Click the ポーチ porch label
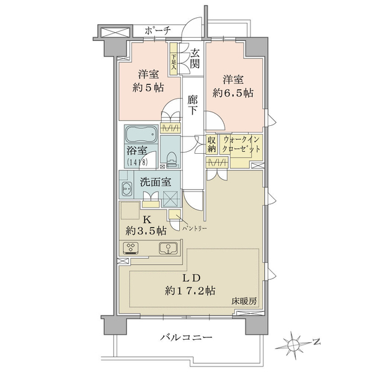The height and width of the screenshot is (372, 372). (x=157, y=30)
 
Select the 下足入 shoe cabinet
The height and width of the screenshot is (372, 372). (x=174, y=59)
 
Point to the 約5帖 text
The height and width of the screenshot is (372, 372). (x=148, y=88)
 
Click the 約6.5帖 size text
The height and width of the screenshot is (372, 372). (x=232, y=93)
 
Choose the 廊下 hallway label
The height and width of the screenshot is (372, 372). (x=192, y=105)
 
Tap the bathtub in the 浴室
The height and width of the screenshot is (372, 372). (x=141, y=135)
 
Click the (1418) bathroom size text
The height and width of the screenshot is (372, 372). (x=138, y=162)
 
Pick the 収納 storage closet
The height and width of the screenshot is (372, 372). (x=211, y=144)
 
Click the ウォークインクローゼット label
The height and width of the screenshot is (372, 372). (x=241, y=144)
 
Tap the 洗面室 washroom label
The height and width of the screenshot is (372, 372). (x=155, y=182)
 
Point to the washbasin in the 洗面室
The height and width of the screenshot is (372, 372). (x=127, y=189)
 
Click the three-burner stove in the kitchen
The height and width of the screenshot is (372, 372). (x=131, y=249)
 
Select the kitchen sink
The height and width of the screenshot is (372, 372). (x=168, y=248)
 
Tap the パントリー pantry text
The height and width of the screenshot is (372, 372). (x=195, y=228)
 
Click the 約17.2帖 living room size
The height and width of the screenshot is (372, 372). (x=190, y=291)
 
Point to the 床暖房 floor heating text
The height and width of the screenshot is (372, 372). (x=244, y=301)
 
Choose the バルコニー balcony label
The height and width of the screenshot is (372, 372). (x=186, y=337)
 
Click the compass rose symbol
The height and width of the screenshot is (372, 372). (x=294, y=343)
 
